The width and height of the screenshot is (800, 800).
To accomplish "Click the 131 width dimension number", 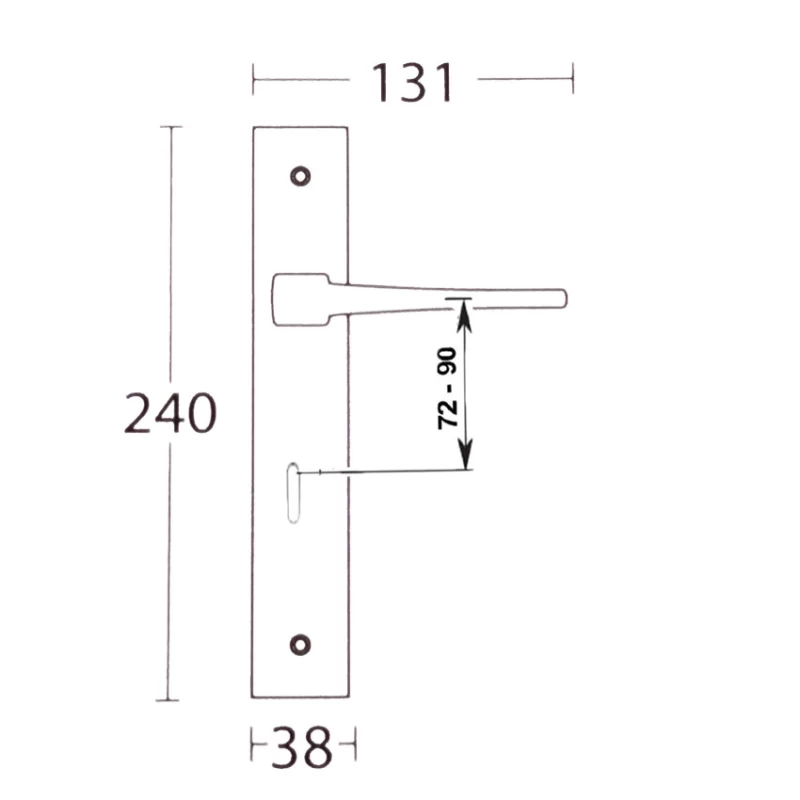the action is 412,83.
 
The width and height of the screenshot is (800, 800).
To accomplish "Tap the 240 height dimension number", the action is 170,413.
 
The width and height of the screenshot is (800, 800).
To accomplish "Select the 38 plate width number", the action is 302,747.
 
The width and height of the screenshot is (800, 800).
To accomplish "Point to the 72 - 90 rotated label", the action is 447,388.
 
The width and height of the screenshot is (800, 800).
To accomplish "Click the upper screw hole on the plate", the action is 301,177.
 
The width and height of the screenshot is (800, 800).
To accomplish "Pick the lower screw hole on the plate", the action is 300,645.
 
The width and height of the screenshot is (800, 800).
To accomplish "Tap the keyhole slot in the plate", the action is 293,493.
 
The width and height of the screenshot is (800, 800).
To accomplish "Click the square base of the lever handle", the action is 301,299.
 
